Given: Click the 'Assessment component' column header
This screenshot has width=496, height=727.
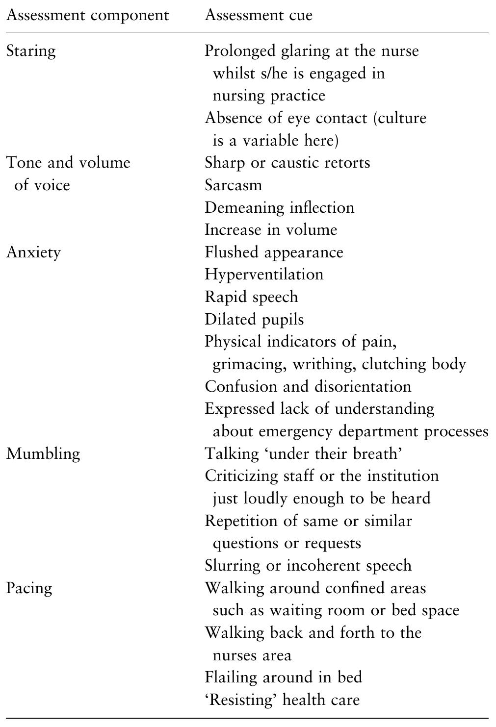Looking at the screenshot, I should click(x=87, y=15).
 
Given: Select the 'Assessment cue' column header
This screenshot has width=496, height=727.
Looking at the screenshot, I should click(x=258, y=15).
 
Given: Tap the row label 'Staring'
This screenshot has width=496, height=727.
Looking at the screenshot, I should click(x=30, y=51).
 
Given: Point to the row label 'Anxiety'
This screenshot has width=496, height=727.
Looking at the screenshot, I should click(x=33, y=252).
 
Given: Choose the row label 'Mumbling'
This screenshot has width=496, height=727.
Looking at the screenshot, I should click(x=43, y=453).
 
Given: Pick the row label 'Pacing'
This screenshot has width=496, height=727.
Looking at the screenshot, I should click(x=28, y=588).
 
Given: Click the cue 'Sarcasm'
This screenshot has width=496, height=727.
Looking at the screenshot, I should click(x=233, y=185).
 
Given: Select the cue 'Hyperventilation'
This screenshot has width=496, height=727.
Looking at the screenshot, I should click(x=264, y=275).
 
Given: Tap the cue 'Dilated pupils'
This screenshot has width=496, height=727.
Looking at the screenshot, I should click(x=254, y=320).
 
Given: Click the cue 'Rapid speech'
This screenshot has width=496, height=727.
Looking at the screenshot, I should click(x=251, y=297).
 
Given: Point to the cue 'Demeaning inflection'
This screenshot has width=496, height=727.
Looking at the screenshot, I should click(x=279, y=207).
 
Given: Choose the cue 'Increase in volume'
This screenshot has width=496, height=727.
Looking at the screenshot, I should click(x=271, y=230).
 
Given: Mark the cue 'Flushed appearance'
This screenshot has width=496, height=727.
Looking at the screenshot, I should click(x=274, y=252).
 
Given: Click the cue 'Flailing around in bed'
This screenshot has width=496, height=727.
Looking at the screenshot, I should click(x=283, y=677).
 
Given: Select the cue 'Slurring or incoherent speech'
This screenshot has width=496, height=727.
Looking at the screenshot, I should click(x=308, y=566).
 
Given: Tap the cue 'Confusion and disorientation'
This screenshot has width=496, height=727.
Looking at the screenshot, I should click(x=308, y=386).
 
